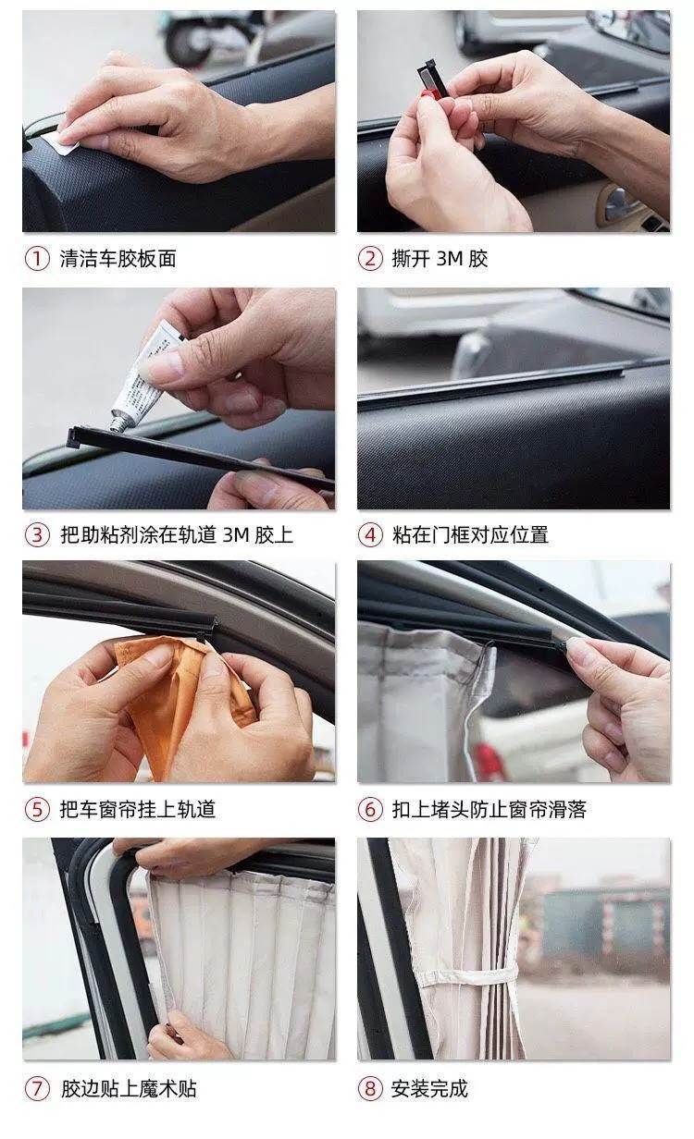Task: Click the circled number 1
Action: tap(37, 258)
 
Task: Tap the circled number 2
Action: tap(370, 258)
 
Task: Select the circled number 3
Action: tap(37, 535)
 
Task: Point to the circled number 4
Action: tap(370, 535)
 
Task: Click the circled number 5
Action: tap(37, 809)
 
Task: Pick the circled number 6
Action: tap(370, 809)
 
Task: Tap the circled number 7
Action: tap(37, 1089)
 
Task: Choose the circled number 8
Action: tap(370, 1089)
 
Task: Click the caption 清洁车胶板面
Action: tap(118, 258)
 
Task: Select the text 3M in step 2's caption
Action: tap(450, 259)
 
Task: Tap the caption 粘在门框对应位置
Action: tap(470, 535)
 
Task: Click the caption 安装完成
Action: tap(429, 1089)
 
